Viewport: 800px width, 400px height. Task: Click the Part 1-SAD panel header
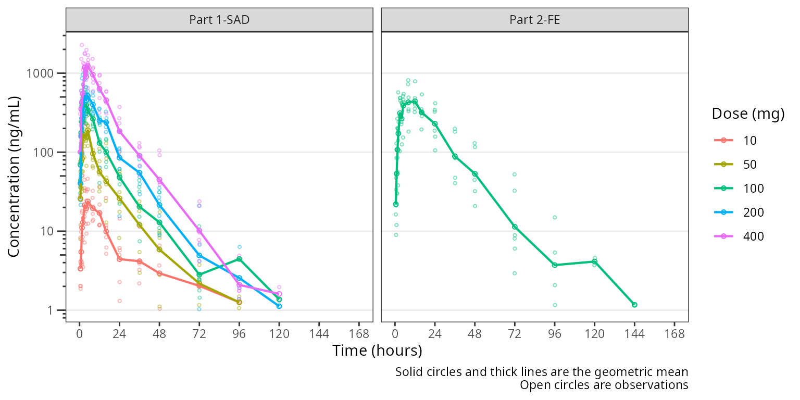[x=219, y=20]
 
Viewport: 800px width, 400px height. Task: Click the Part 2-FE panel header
[x=534, y=20]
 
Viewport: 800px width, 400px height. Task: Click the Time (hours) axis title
[x=377, y=351]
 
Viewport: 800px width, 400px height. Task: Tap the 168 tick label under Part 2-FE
[x=674, y=334]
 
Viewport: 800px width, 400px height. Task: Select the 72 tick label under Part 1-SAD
[x=199, y=334]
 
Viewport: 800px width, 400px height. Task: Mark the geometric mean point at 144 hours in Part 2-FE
[x=634, y=305]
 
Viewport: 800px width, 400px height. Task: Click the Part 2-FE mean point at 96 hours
[x=555, y=265]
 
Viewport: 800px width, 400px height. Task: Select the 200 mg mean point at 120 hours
[x=279, y=306]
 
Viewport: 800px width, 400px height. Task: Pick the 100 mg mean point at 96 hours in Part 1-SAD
[x=239, y=258]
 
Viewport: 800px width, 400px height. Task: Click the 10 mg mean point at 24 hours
[x=119, y=259]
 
